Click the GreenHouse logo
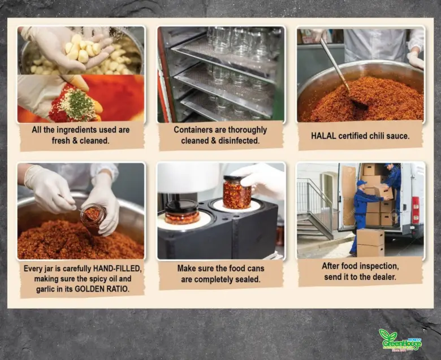400,340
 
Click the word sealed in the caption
246,279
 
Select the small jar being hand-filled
92,219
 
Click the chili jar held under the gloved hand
237,192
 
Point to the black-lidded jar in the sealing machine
182,212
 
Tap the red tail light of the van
416,206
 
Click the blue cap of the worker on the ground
361,183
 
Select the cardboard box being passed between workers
384,192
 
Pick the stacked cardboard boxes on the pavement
370,243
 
